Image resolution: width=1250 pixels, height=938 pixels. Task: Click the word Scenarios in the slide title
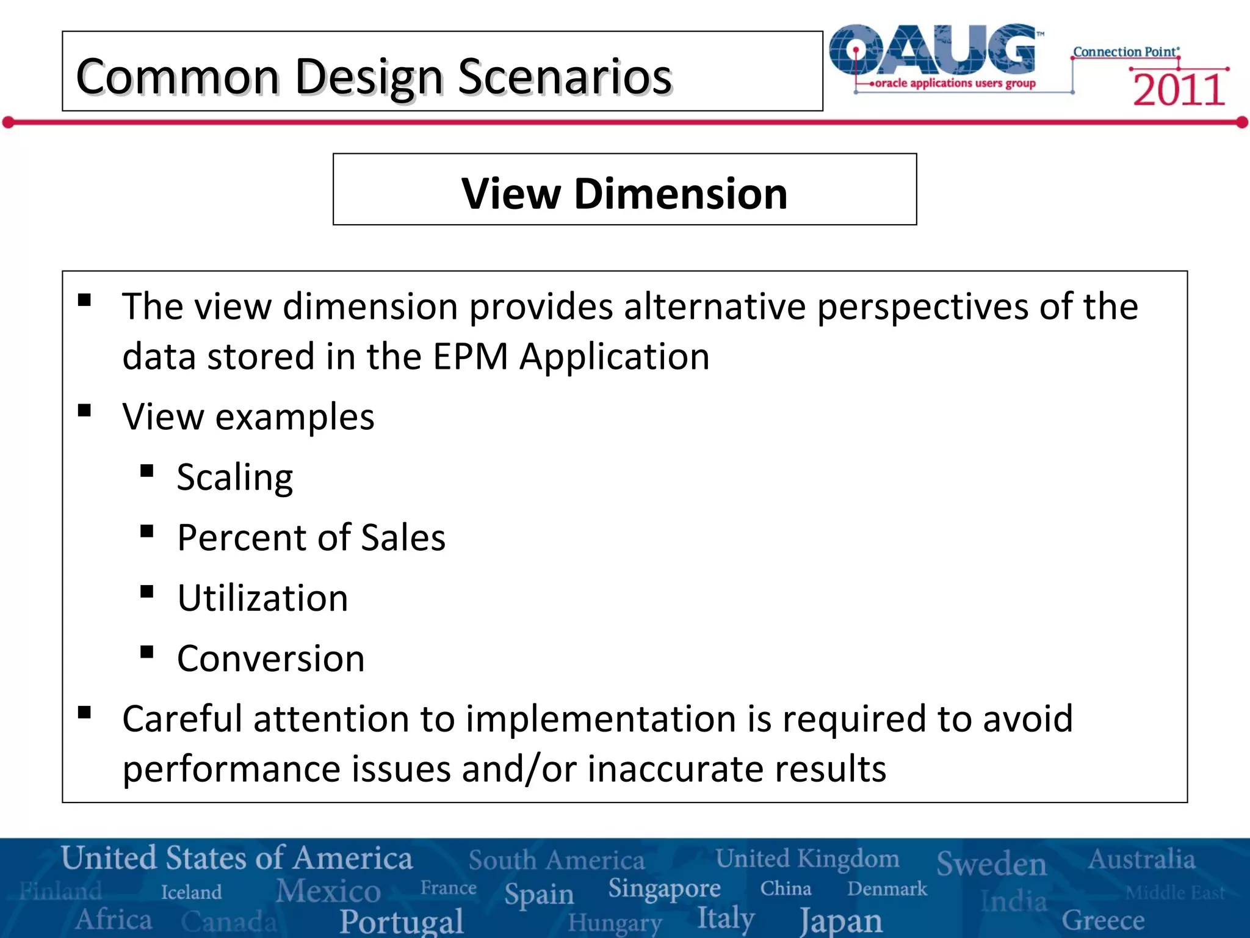tap(565, 78)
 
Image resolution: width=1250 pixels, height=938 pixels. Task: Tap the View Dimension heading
tap(624, 194)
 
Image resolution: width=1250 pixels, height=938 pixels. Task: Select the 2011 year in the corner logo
tap(1179, 90)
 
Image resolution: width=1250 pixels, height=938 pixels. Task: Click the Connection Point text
tap(1125, 52)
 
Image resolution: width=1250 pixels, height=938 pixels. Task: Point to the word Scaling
tap(234, 478)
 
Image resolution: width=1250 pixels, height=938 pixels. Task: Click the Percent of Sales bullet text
tap(311, 538)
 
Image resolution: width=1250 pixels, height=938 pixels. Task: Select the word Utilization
tap(262, 598)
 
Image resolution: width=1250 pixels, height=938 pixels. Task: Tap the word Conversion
tap(270, 659)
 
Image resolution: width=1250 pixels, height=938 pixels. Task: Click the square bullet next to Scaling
tap(146, 471)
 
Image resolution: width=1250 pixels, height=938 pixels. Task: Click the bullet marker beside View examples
tap(85, 410)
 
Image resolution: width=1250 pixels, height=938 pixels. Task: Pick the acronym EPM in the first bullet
tap(470, 357)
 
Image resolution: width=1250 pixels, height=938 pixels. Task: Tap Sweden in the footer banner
tap(991, 863)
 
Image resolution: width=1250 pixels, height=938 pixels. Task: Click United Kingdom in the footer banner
tap(807, 859)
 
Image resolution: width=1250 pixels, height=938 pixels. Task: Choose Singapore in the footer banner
tap(664, 889)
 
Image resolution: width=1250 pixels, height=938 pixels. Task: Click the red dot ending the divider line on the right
tap(1242, 123)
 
